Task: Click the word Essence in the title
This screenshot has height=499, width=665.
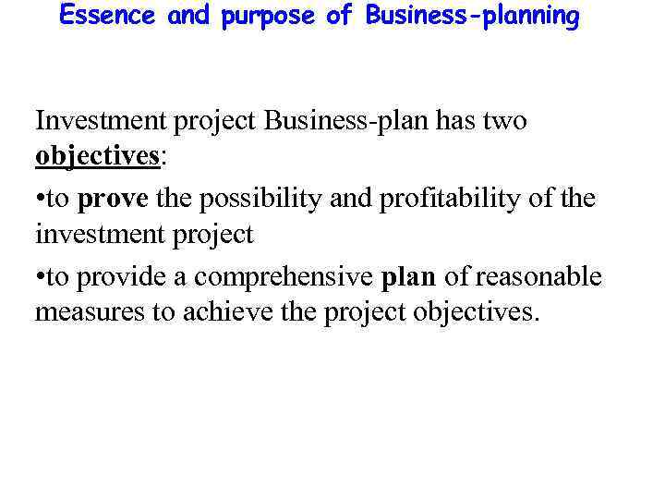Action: (109, 17)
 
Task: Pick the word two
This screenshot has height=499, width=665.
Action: (504, 121)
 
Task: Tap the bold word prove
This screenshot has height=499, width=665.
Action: (113, 199)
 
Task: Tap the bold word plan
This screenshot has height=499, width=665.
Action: (409, 276)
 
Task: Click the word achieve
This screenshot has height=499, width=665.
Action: (221, 312)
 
